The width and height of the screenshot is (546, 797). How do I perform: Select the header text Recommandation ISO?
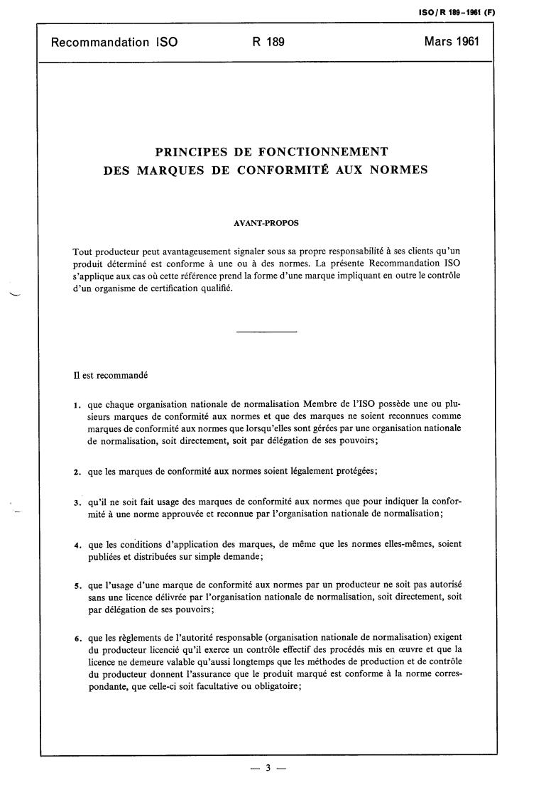[114, 42]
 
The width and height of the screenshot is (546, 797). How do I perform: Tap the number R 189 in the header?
[268, 42]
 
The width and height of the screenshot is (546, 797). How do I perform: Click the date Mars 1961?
[452, 41]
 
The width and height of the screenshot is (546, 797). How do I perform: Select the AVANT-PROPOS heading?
[266, 223]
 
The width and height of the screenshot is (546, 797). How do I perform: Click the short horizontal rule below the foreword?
[266, 332]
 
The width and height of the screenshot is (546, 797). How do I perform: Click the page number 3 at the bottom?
[268, 768]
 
